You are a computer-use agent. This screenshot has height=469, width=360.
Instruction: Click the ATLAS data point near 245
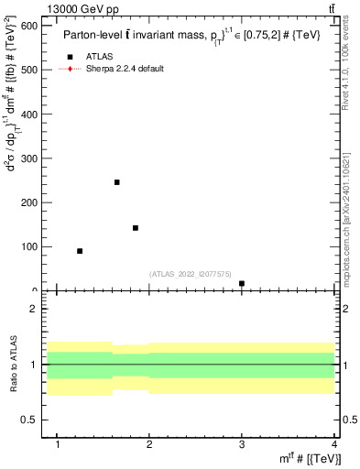point(117,182)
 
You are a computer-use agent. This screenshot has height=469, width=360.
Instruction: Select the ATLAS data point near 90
point(80,251)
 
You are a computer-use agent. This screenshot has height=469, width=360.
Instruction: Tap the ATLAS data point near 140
point(136,228)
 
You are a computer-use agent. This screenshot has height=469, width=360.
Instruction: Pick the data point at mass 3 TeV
point(242,284)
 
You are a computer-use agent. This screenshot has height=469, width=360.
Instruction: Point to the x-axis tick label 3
point(242,445)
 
